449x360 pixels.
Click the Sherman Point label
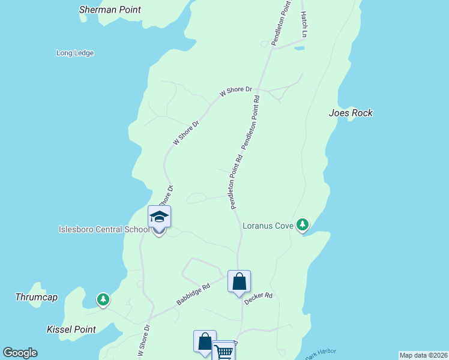[110, 10]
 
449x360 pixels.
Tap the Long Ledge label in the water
[75, 53]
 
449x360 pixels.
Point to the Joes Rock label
[351, 113]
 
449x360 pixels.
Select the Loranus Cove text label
[268, 226]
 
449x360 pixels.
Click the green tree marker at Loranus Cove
[303, 225]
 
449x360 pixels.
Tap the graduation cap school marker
[159, 217]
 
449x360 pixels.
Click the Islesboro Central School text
[103, 229]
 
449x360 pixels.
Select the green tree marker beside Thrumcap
[103, 299]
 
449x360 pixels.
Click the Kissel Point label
[71, 329]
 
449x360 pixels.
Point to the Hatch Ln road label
[304, 24]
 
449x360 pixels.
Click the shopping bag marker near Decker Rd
[239, 281]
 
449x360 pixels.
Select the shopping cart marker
[223, 351]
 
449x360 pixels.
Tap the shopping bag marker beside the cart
[205, 341]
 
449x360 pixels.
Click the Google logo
[20, 353]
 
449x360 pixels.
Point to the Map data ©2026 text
[423, 355]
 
